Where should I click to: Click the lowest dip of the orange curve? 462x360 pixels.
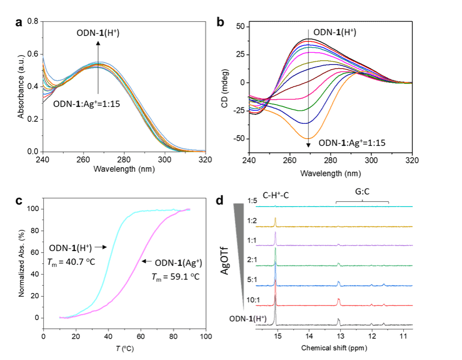[x=308, y=138]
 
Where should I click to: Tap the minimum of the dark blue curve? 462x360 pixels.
[x=305, y=123]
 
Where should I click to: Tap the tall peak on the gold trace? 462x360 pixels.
[x=275, y=218]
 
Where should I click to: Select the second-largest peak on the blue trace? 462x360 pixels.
[x=339, y=282]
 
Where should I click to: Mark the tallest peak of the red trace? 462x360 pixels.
[x=275, y=288]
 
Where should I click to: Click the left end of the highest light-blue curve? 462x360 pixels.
[x=43, y=57]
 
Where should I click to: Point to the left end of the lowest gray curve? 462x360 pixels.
[x=43, y=102]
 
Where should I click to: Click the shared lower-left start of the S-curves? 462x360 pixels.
[x=60, y=318]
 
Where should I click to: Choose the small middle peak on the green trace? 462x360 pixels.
[x=339, y=264]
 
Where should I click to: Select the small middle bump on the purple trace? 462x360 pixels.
[x=339, y=244]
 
